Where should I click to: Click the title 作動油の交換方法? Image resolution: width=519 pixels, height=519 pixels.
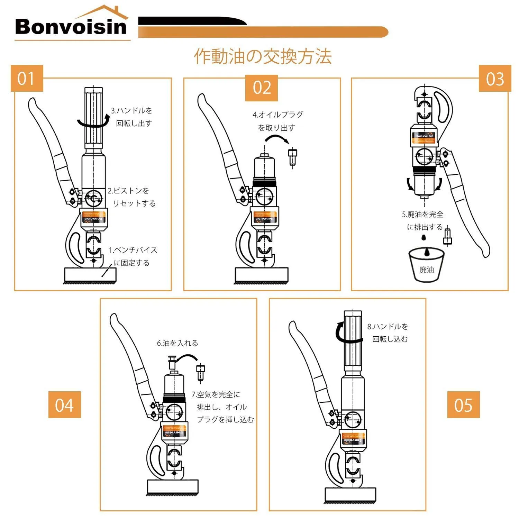coord(263,56)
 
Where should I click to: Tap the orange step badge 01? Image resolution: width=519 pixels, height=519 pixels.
coord(27,79)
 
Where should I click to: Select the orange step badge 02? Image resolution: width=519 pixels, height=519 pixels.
coord(262,88)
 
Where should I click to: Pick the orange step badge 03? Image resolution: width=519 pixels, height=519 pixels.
coord(495,79)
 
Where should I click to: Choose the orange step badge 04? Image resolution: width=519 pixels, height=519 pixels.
coord(64,405)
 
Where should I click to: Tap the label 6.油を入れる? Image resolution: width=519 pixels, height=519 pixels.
coord(177,343)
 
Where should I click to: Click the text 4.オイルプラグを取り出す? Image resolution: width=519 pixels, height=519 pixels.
coord(277,121)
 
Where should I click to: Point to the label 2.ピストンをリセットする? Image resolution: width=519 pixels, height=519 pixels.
coord(132,197)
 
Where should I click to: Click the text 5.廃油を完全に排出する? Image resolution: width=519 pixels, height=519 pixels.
coord(423,220)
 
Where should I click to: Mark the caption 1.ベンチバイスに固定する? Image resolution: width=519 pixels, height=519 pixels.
coord(133,256)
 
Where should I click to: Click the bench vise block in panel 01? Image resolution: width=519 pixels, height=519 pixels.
coord(90,275)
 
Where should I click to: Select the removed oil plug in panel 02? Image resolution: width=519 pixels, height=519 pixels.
coord(293,157)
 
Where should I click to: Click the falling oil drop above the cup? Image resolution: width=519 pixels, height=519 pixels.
coord(423,237)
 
